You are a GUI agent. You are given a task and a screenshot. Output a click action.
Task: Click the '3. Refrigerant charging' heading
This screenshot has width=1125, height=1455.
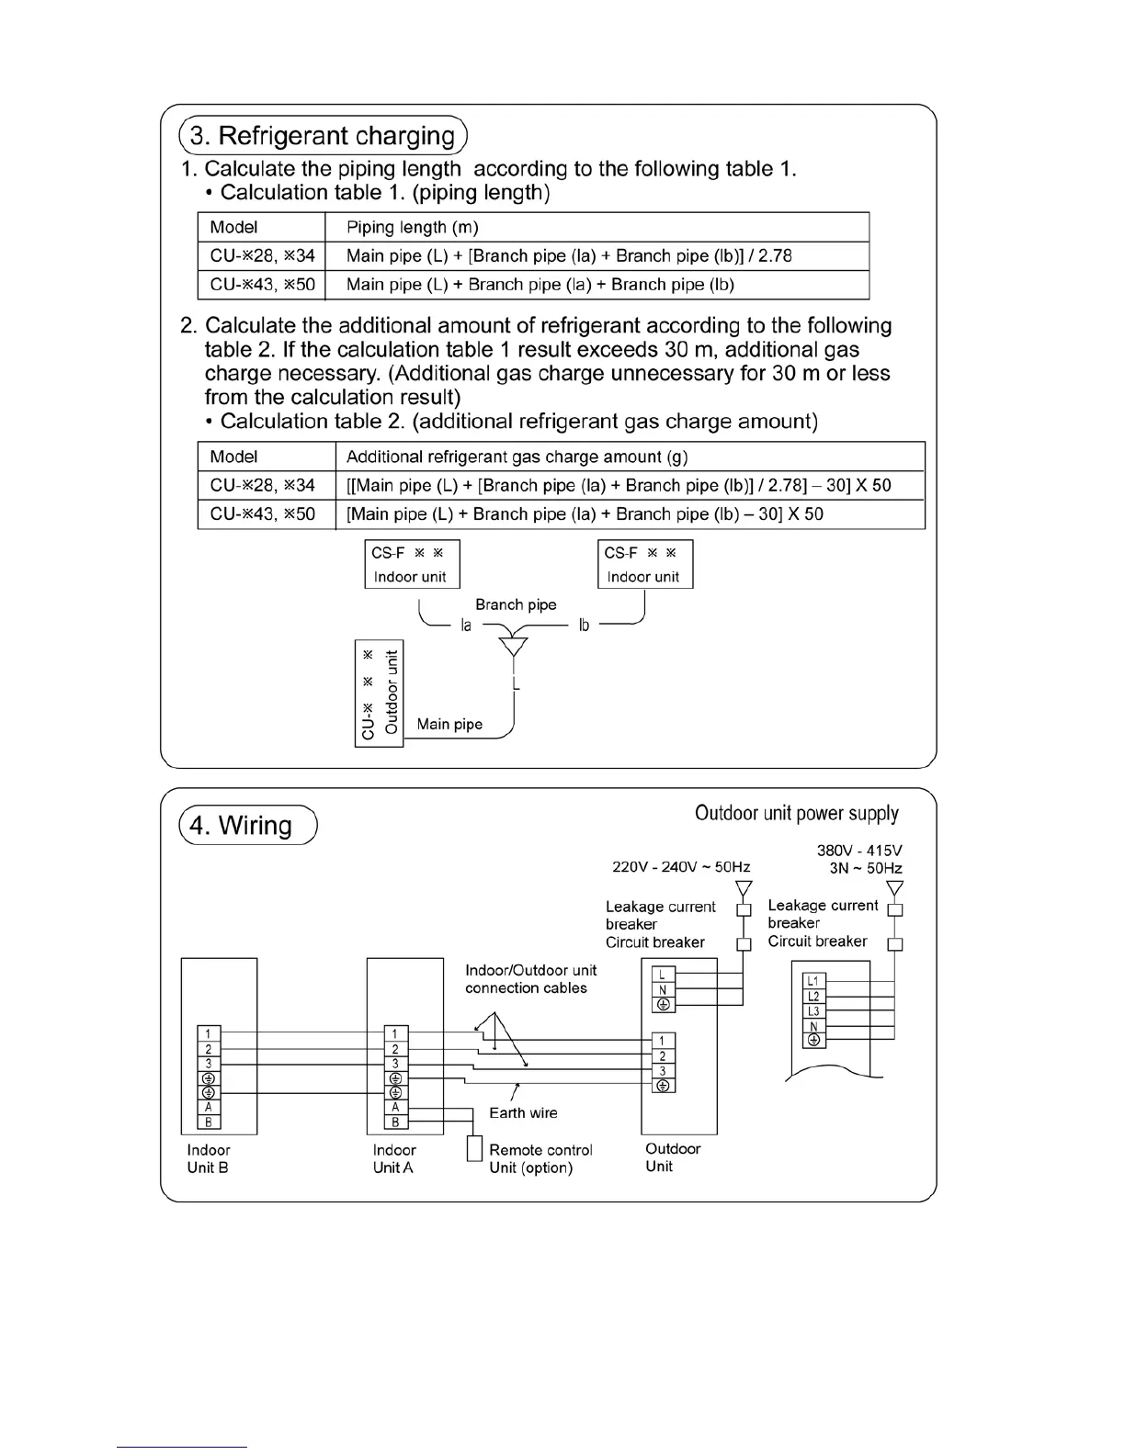(323, 136)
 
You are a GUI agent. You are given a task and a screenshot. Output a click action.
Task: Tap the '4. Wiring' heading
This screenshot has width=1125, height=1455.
(241, 825)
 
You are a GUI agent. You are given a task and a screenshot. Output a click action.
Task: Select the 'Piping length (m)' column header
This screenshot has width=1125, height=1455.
(412, 227)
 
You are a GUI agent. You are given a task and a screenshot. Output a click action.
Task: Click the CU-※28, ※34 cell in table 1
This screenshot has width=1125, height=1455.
(262, 255)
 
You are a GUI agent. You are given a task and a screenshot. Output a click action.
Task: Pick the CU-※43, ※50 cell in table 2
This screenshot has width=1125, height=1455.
(262, 513)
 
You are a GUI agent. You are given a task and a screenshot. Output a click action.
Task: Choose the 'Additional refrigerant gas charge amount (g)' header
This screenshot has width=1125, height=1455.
(517, 457)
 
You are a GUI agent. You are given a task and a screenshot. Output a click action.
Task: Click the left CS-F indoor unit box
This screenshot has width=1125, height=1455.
(411, 564)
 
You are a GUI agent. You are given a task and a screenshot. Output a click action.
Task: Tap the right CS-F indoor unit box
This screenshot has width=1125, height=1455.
(644, 564)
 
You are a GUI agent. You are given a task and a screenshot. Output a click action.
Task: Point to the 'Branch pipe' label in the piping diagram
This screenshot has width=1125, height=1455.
(516, 604)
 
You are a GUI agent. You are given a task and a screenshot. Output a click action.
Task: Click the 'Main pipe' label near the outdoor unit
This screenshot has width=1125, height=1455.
(449, 724)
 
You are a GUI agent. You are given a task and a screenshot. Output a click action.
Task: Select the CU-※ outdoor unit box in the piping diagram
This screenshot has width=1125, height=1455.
(379, 693)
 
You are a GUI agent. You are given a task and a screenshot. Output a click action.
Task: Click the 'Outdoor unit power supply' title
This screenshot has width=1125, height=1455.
(796, 813)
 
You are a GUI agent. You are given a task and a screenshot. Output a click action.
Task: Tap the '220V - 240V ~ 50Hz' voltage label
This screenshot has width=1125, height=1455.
(681, 867)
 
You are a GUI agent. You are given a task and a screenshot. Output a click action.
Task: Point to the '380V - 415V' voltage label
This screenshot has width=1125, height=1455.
(858, 851)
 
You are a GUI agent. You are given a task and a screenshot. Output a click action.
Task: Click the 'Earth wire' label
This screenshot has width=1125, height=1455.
(523, 1112)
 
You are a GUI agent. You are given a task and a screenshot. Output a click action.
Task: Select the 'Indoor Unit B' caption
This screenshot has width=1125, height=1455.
(208, 1158)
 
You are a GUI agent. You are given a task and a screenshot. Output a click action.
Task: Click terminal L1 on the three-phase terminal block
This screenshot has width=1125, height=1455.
(812, 980)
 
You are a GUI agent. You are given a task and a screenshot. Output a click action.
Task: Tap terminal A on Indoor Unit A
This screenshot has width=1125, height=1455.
(395, 1107)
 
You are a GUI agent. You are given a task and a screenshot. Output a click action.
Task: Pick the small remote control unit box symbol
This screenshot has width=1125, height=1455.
(474, 1149)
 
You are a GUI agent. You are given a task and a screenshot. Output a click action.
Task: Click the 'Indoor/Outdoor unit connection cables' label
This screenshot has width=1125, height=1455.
(530, 979)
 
